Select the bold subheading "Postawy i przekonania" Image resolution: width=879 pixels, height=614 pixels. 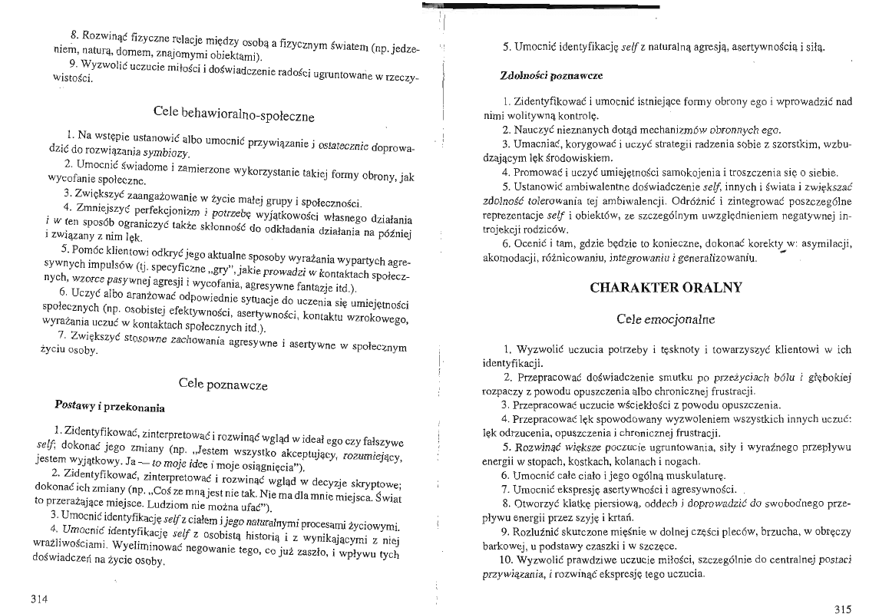pyautogui.click(x=110, y=405)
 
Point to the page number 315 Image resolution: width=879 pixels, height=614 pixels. pyautogui.click(x=841, y=609)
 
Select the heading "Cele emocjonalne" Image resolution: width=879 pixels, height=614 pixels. pyautogui.click(x=666, y=318)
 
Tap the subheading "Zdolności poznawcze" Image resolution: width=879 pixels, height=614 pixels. pyautogui.click(x=550, y=77)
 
